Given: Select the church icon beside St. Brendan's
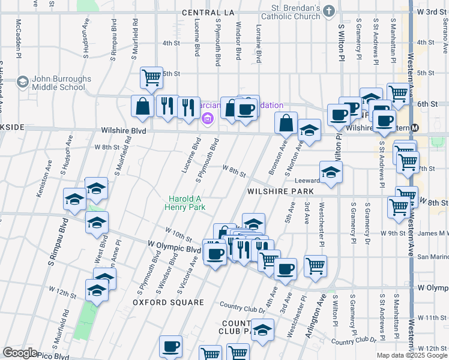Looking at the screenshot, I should click(x=329, y=11).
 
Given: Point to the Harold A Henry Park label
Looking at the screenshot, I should click(x=186, y=203).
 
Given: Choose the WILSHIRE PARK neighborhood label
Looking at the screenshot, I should click(x=280, y=191).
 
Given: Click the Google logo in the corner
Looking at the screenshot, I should click(x=20, y=353).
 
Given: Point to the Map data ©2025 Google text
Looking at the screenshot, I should click(x=412, y=355).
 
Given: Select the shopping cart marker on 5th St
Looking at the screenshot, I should click(x=152, y=77).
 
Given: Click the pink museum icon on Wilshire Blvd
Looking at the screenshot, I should click(x=208, y=119).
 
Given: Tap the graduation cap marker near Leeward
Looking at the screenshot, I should click(x=331, y=173).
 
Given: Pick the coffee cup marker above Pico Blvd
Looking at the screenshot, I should click(x=171, y=346).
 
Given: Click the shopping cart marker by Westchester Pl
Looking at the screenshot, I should click(x=315, y=265).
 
